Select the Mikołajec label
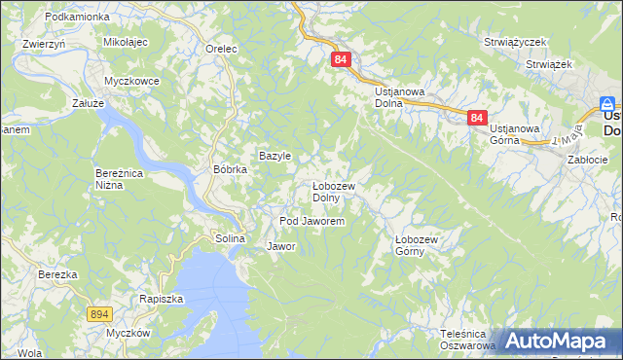click(125, 43)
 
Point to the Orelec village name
click(222, 48)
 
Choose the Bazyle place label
click(275, 156)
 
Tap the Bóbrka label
click(231, 168)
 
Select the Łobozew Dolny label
click(333, 192)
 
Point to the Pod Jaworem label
click(311, 222)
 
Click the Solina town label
click(230, 238)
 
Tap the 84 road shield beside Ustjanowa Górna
click(476, 118)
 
